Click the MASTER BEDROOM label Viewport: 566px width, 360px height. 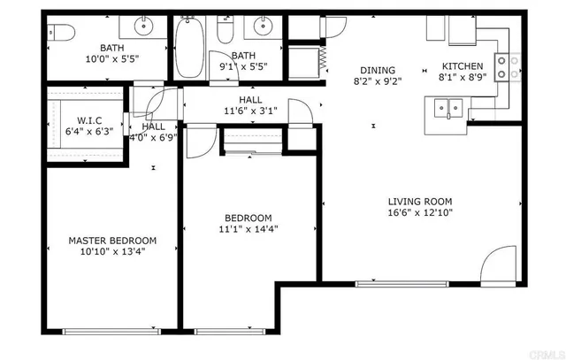(x=112, y=240)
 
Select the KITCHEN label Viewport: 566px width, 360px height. (x=463, y=66)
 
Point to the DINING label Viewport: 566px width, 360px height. (x=377, y=71)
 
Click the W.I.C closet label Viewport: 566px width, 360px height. (x=88, y=120)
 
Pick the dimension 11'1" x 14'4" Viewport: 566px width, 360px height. (x=248, y=229)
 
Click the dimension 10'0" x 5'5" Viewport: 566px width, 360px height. (x=112, y=59)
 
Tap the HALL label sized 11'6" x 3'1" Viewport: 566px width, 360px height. (x=250, y=101)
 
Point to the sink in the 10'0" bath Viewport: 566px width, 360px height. (x=142, y=24)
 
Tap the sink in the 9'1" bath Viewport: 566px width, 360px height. (x=262, y=25)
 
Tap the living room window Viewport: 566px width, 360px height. (x=386, y=284)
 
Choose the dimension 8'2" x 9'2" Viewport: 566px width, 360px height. (x=377, y=82)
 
